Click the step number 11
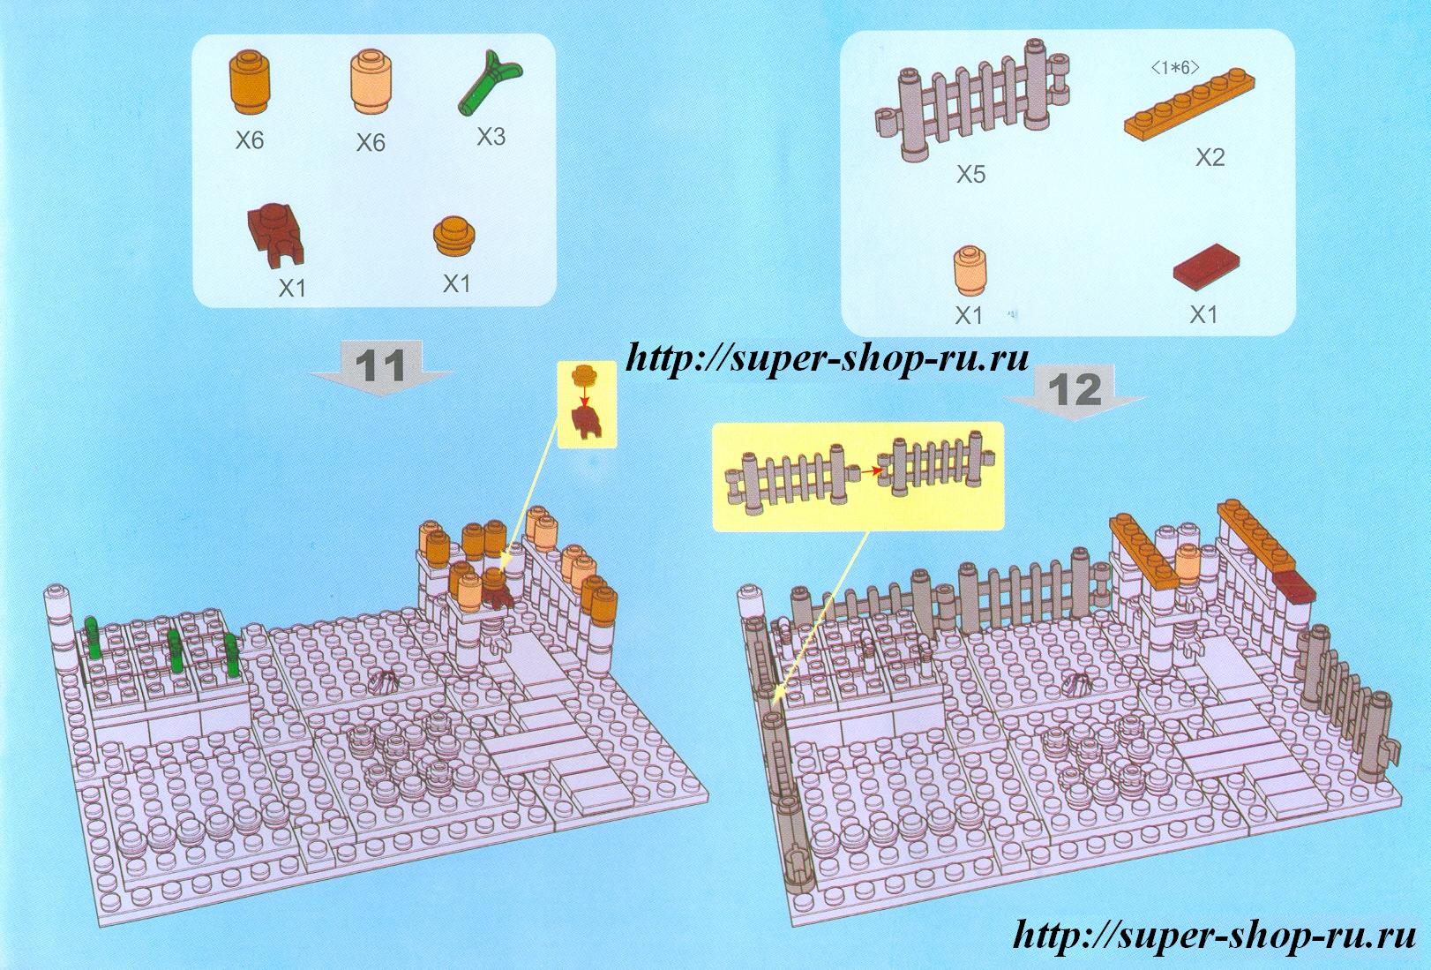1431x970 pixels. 380,365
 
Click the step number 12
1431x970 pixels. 1075,389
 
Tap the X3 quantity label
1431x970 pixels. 491,136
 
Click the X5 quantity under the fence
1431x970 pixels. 970,174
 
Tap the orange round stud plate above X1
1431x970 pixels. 456,237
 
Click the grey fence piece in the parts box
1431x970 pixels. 971,100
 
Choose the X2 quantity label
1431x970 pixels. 1210,157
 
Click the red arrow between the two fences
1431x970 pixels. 866,471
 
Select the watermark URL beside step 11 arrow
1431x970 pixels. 827,357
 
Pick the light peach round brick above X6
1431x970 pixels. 371,84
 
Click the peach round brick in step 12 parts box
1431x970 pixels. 970,271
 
